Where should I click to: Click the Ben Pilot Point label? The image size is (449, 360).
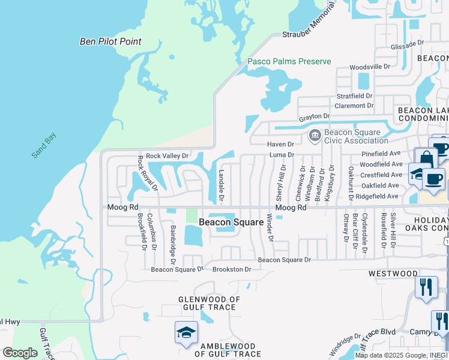click(x=111, y=41)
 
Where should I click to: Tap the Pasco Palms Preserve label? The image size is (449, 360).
click(x=289, y=61)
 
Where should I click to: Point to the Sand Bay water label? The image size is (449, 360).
click(x=43, y=145)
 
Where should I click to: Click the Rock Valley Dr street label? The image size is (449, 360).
click(x=167, y=155)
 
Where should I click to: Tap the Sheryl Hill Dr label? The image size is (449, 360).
click(x=280, y=184)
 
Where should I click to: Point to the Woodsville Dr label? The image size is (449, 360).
click(x=370, y=67)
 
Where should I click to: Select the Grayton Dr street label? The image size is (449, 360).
click(x=315, y=116)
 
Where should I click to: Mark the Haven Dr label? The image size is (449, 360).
click(x=280, y=144)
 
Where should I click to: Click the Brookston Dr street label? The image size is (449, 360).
click(x=231, y=269)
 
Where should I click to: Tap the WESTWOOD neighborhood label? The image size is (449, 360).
click(x=393, y=274)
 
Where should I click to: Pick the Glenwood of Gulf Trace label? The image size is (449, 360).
click(x=209, y=304)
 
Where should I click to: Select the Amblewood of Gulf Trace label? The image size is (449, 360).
click(x=228, y=350)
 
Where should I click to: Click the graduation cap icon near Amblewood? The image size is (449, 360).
click(x=186, y=332)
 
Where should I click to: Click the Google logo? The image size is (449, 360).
click(x=20, y=353)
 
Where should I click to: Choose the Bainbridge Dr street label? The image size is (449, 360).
click(x=172, y=245)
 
